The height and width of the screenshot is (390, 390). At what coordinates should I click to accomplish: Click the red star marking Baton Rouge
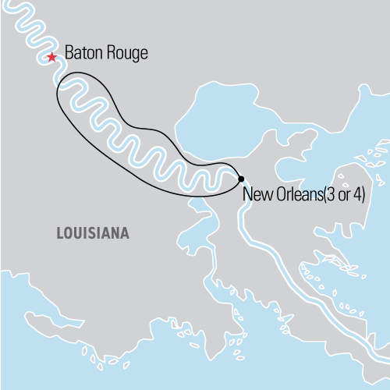pyautogui.click(x=51, y=57)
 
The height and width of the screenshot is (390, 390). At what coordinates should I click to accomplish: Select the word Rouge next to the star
pyautogui.click(x=126, y=55)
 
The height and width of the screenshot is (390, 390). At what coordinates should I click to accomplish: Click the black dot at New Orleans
pyautogui.click(x=241, y=179)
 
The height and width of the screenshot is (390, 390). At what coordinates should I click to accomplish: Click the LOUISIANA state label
pyautogui.click(x=93, y=233)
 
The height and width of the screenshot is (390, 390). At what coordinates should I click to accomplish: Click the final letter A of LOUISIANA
pyautogui.click(x=125, y=233)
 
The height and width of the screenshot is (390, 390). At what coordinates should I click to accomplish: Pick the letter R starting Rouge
pyautogui.click(x=109, y=55)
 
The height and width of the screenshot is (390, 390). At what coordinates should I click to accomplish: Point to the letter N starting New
pyautogui.click(x=247, y=193)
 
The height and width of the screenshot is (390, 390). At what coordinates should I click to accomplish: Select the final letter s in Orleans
pyautogui.click(x=319, y=193)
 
